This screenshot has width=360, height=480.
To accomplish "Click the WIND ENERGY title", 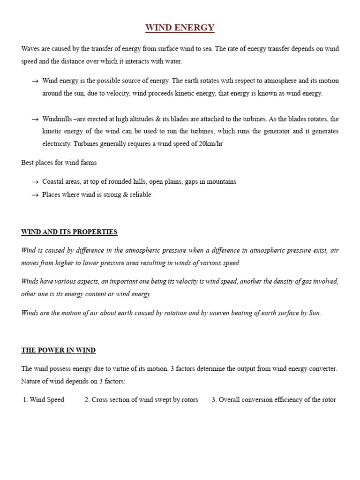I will click(180, 28).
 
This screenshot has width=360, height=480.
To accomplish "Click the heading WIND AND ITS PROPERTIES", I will click(69, 232).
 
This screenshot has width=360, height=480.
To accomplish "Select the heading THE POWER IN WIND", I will click(59, 350).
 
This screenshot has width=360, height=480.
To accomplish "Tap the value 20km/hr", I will click(210, 144).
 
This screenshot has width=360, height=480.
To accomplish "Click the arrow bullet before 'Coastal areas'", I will click(35, 182).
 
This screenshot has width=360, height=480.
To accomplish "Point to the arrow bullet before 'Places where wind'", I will click(35, 195).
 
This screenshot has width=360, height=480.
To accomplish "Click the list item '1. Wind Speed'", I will click(44, 400).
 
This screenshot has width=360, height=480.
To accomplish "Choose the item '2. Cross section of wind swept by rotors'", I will click(141, 400).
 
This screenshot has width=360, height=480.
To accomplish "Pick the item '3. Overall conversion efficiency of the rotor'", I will click(273, 400).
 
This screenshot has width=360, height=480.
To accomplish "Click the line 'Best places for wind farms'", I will click(59, 163).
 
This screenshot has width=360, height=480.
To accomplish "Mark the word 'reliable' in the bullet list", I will click(139, 195).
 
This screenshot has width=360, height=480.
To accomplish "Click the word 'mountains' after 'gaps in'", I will click(221, 181).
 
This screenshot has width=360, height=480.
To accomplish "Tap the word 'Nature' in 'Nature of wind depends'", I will click(31, 381).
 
